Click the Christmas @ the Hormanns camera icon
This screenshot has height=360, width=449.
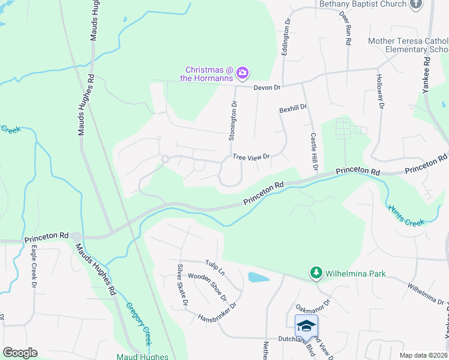pos(243,73)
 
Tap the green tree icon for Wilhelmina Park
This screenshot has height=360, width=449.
pos(316,274)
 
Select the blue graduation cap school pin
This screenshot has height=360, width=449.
pos(306,326)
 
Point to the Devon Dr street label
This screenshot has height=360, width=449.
pos(267,88)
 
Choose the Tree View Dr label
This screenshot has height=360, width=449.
pos(251,157)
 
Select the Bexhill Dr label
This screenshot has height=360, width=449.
pos(293,109)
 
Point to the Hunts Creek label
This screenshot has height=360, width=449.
pos(406,214)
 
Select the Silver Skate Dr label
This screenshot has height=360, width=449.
pos(182,284)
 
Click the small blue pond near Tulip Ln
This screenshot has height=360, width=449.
pos(258,277)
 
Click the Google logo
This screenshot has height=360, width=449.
pos(20,353)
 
